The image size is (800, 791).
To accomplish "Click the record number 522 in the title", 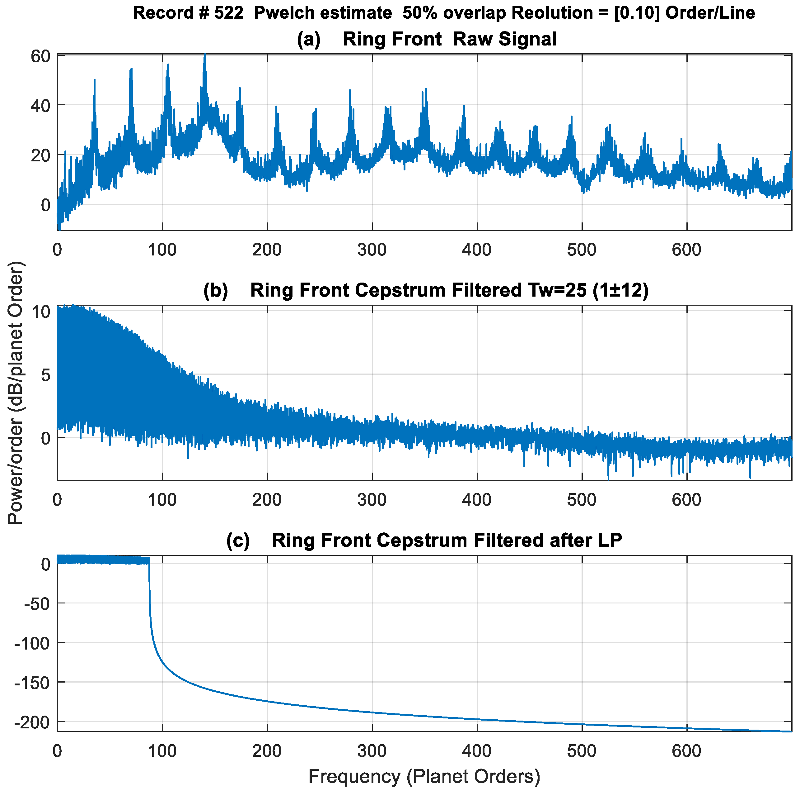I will click(x=229, y=13).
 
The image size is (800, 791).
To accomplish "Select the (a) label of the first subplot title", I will click(x=308, y=39).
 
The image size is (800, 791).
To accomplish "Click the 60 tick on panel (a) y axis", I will click(x=40, y=56).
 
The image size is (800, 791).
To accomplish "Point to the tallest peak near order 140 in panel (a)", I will click(x=204, y=55).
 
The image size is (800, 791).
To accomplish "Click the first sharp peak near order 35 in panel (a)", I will click(x=94, y=80).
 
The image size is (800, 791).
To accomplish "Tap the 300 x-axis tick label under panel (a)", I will click(x=372, y=250).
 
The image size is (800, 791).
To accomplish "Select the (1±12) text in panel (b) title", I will click(x=620, y=290).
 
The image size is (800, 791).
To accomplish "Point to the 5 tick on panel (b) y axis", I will click(x=45, y=375).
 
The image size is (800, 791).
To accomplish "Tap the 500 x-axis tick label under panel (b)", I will click(x=582, y=500).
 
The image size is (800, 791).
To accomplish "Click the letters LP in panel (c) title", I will click(x=610, y=540).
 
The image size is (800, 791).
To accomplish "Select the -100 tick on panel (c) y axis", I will click(x=32, y=643).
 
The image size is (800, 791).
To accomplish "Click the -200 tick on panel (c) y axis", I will click(x=32, y=722).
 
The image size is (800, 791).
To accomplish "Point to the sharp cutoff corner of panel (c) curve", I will click(x=149, y=560).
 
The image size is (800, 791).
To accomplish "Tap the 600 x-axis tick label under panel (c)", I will click(x=686, y=751).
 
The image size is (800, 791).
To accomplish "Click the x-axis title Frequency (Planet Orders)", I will click(x=424, y=776).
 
